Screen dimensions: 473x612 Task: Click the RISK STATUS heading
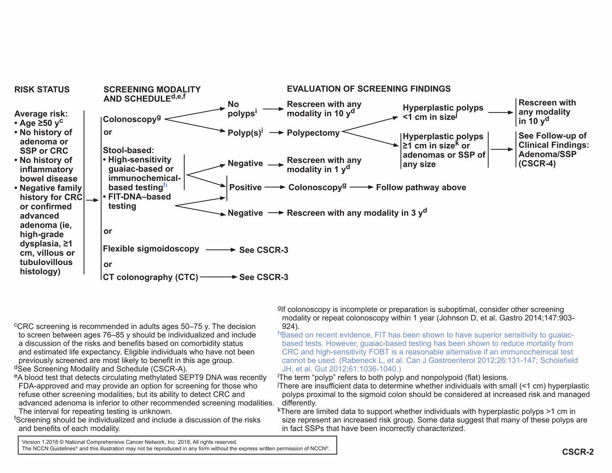(x=42, y=89)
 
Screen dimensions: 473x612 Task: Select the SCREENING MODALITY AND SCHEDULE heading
(x=152, y=94)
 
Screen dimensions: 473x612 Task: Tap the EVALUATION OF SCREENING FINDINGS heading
(x=368, y=89)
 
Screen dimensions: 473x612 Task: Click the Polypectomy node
(x=313, y=133)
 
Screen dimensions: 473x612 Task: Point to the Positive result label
(x=245, y=187)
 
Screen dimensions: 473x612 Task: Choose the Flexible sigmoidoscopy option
(x=151, y=249)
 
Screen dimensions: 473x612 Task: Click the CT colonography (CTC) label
(x=150, y=277)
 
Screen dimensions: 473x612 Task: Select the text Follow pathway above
(x=421, y=187)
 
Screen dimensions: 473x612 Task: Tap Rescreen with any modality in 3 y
(x=356, y=212)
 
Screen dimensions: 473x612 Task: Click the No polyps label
(x=241, y=109)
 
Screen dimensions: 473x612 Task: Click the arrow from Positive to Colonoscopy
(x=275, y=187)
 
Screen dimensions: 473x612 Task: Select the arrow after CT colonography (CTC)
(x=219, y=277)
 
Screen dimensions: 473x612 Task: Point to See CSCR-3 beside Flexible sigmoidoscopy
(x=263, y=250)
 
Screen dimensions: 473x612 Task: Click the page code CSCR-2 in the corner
(x=578, y=452)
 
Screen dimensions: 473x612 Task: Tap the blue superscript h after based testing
(x=165, y=185)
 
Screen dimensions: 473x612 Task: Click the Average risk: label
(x=41, y=114)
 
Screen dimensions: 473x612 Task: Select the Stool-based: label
(x=128, y=150)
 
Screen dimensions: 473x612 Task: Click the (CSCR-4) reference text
(x=537, y=164)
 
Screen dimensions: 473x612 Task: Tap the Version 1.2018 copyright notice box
(x=177, y=445)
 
